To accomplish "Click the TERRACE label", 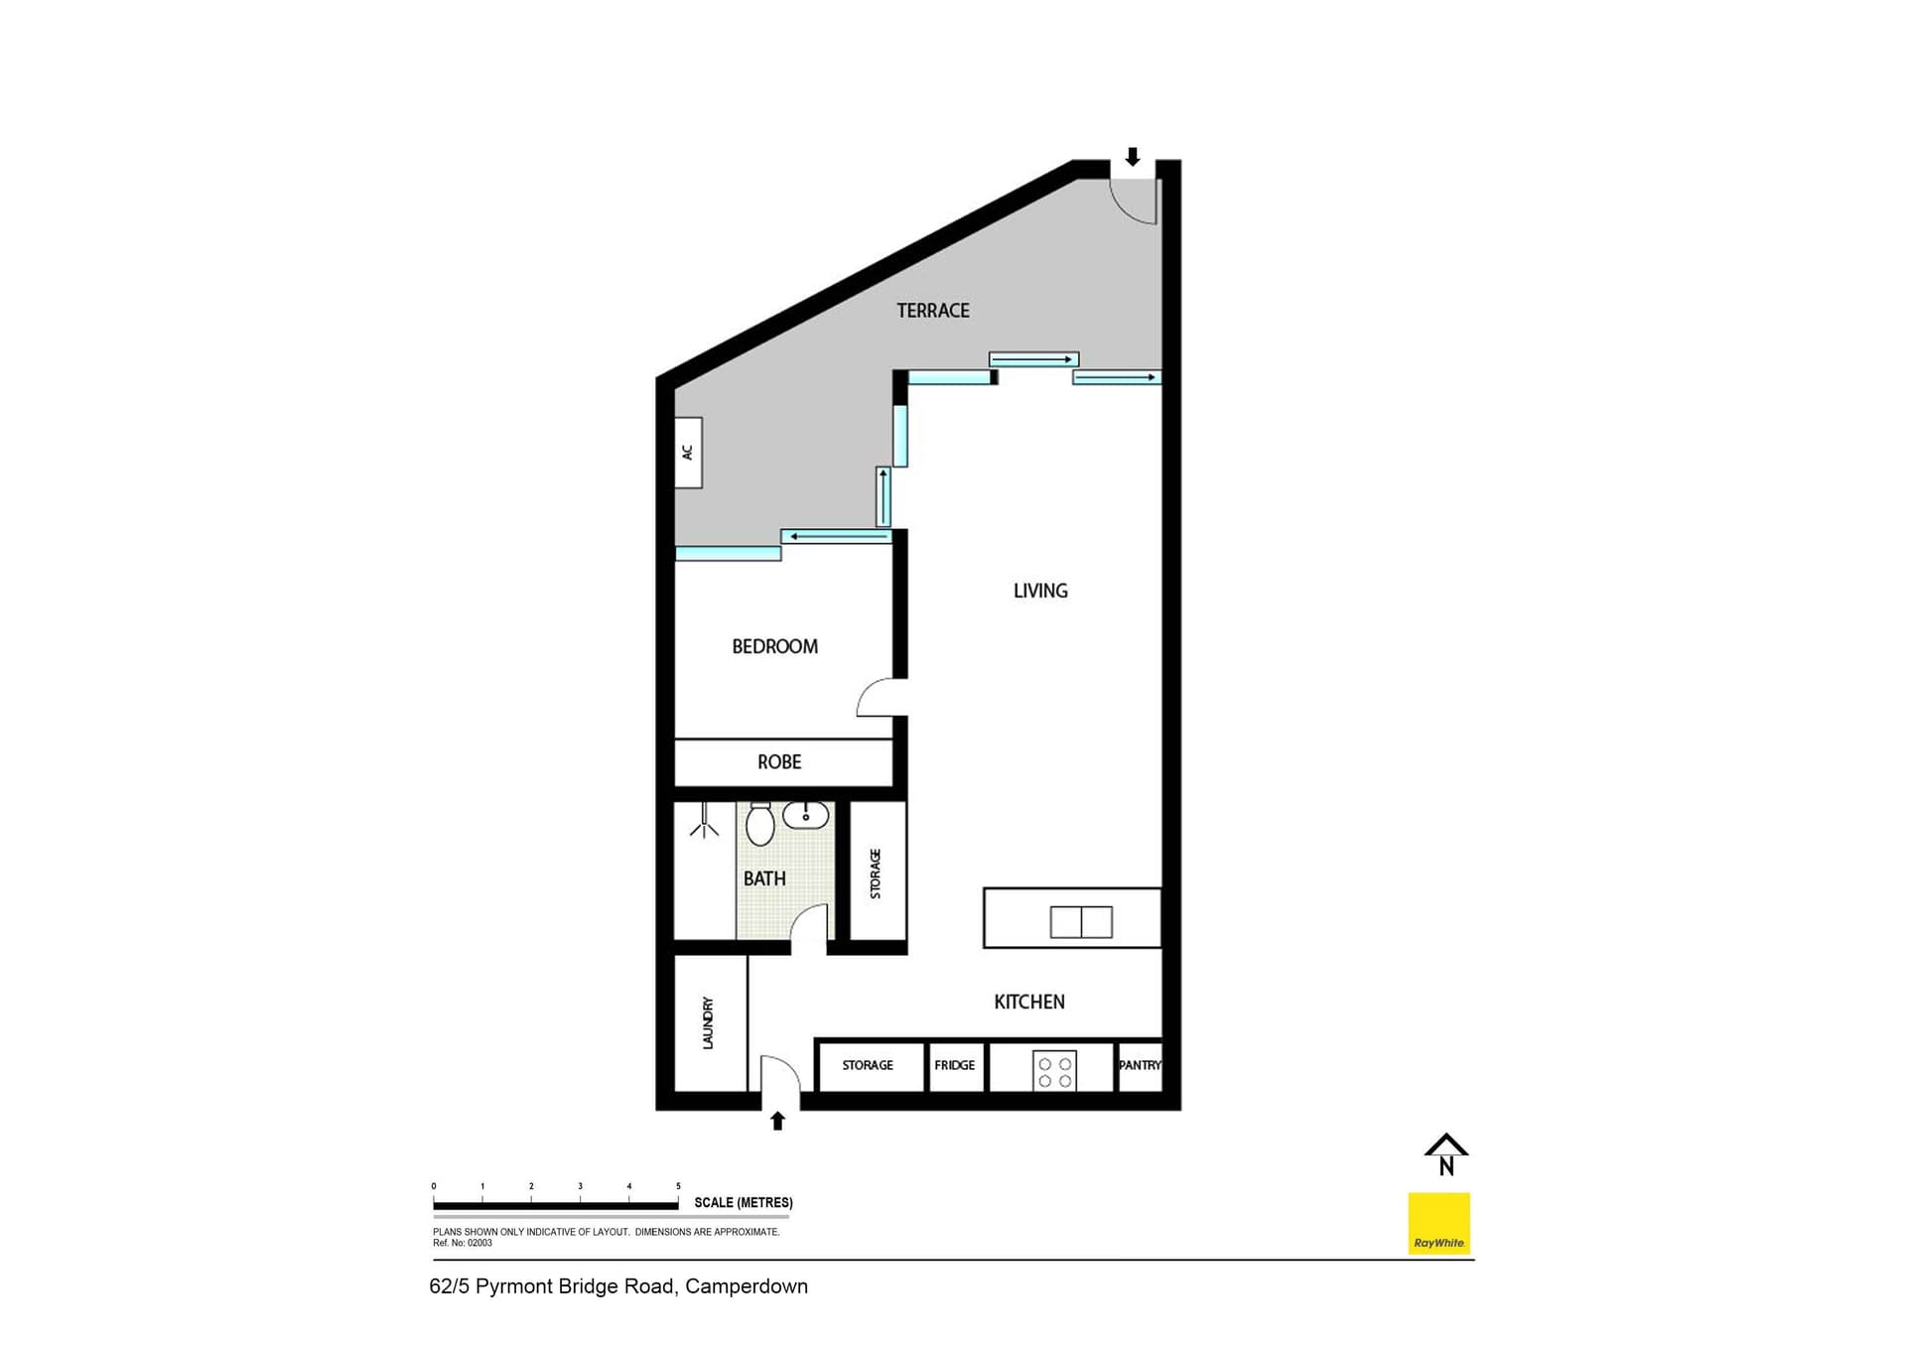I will [932, 311].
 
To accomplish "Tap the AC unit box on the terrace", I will [688, 453].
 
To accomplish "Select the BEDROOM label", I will [774, 646].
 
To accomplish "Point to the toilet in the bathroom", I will [759, 824].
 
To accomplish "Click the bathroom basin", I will [805, 816].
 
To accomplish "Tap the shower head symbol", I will [705, 824].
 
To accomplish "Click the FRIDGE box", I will [955, 1065].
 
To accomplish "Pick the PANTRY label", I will [1140, 1065].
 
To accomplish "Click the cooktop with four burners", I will [1054, 1072].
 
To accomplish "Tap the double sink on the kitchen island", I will [1081, 922].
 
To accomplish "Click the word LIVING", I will [1040, 591].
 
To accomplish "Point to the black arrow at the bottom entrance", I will [778, 1121].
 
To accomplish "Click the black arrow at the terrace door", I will [1132, 157].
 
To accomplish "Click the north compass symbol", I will [1446, 1154].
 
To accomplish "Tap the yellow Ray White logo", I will [1438, 1223].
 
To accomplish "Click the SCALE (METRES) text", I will [743, 1202].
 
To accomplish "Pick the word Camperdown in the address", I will [747, 1286].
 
